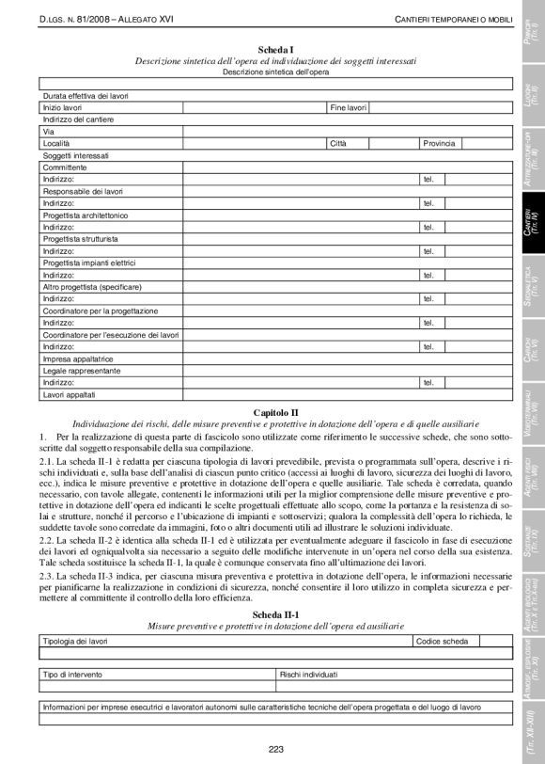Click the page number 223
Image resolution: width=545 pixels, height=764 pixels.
(x=275, y=749)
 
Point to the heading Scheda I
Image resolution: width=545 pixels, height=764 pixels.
(x=275, y=48)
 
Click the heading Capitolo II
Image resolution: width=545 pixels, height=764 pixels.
(x=275, y=413)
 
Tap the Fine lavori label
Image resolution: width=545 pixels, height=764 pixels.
(x=348, y=108)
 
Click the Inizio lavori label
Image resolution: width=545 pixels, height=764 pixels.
(x=62, y=108)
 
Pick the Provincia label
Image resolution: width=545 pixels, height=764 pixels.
(x=439, y=143)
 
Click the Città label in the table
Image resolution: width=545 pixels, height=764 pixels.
(x=338, y=143)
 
